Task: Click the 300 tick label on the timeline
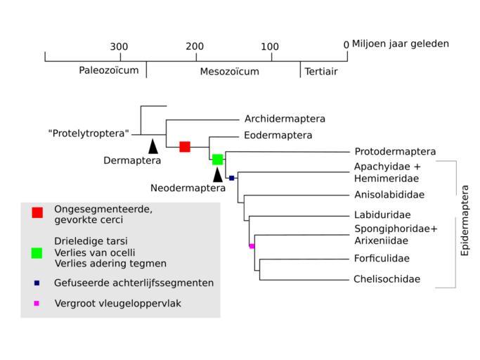tap(119, 46)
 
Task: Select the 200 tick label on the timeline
tap(195, 46)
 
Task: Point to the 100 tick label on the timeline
tap(270, 46)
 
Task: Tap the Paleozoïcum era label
tap(109, 71)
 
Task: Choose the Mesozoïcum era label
tap(229, 72)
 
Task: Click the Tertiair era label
tap(320, 71)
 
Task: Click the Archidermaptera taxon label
tap(285, 119)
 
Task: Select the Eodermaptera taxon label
tap(278, 135)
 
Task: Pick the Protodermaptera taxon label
tap(395, 151)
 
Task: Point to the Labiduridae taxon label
tap(382, 214)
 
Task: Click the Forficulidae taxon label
tap(382, 258)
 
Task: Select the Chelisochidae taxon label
tap(387, 279)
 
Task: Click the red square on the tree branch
tap(185, 146)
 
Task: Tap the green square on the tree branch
tap(218, 160)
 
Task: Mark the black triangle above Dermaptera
tap(153, 146)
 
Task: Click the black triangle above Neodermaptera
tap(218, 174)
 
